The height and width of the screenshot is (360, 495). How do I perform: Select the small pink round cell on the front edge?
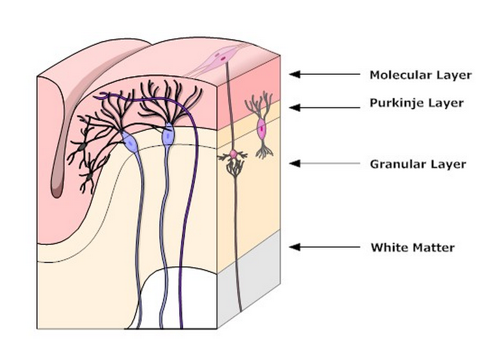[233, 155]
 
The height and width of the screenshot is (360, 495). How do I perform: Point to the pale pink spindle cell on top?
[223, 58]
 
